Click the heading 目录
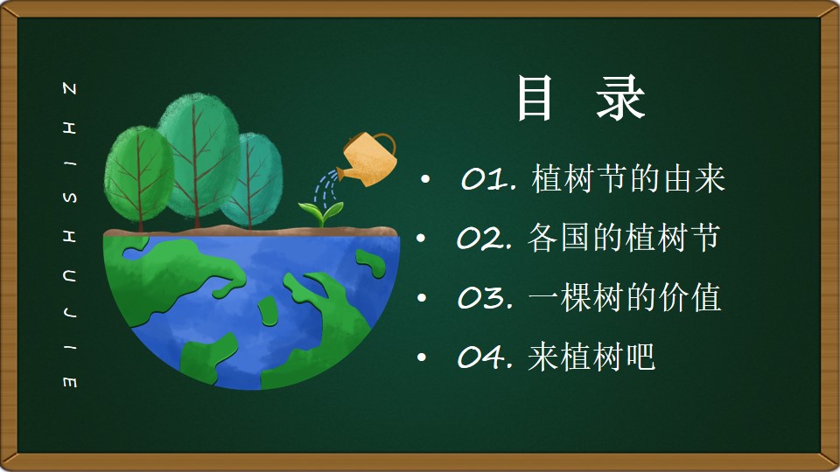click(581, 98)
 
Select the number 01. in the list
click(489, 178)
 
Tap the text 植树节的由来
click(628, 178)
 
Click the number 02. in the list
click(485, 238)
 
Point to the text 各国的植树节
click(624, 238)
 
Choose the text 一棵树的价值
click(625, 297)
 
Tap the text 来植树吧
click(591, 357)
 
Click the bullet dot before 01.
click(425, 179)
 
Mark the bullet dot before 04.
click(422, 357)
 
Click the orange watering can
click(368, 159)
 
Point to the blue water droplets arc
click(325, 189)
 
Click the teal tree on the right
click(252, 179)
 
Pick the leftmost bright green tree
click(139, 174)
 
